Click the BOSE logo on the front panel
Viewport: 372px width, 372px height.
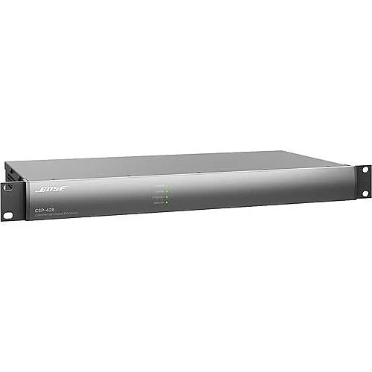51,189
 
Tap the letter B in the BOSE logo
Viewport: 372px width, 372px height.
40,189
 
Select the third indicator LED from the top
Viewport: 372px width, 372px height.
167,196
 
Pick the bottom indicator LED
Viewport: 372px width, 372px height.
167,202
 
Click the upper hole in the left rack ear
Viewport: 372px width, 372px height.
7,187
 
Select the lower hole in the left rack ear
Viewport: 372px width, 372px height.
7,214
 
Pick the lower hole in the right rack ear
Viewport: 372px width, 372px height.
365,193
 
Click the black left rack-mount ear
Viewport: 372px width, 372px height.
8,201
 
